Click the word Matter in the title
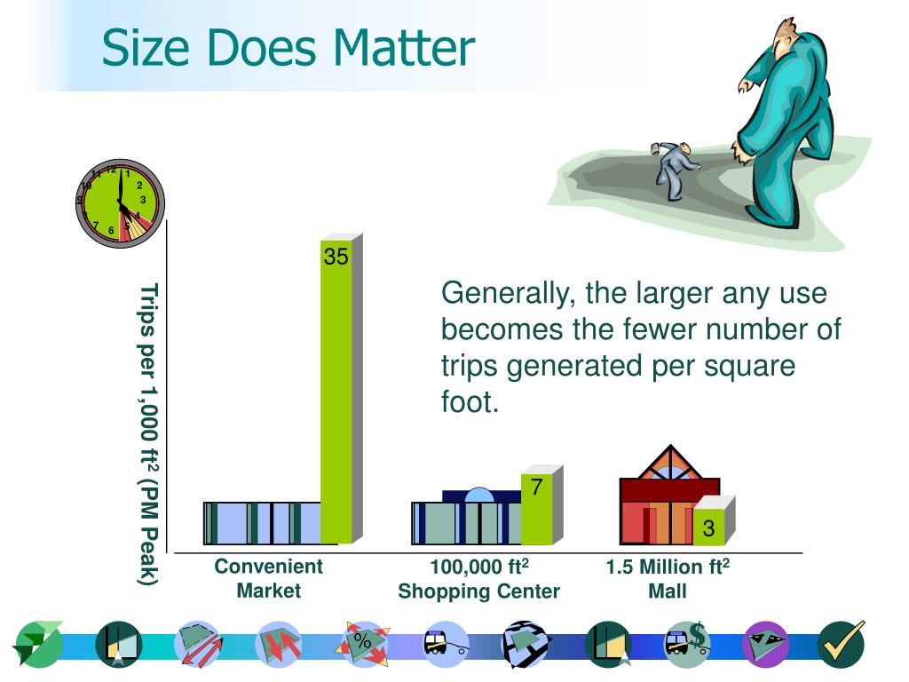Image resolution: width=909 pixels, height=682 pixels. coord(404,48)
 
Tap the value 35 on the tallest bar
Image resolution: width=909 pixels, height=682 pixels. coord(336,257)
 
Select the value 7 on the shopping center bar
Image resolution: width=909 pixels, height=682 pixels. coord(537,487)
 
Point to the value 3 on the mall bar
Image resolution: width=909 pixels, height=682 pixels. coord(708,528)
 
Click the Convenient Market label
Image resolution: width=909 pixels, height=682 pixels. coord(268,578)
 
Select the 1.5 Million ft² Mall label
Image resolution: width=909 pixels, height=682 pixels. coord(668,578)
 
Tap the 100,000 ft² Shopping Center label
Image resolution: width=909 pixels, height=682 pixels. coord(478,579)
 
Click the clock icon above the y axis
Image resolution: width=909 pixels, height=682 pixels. coord(121,203)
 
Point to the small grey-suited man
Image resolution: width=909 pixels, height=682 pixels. coord(674,170)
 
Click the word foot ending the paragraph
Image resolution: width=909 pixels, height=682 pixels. coord(469,402)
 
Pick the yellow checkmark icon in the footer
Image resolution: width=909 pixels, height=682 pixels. coord(842,644)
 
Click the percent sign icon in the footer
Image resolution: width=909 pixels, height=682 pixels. coord(363,643)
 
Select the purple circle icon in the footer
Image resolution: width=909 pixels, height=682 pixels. coord(765,645)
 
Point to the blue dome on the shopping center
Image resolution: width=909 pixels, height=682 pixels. coord(478,495)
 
